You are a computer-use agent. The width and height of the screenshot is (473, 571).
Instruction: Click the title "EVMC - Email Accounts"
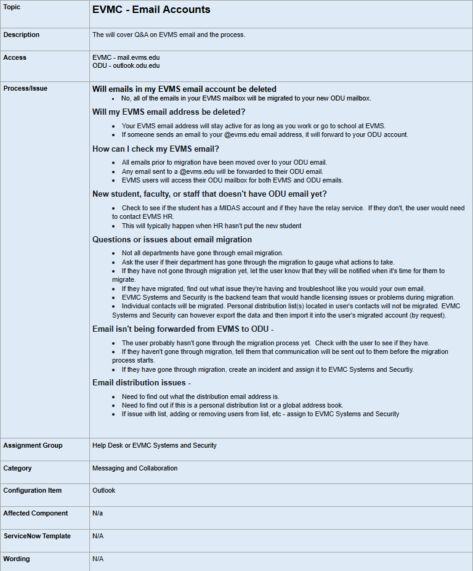coord(151,10)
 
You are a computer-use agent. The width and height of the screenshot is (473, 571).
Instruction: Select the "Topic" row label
coord(12,7)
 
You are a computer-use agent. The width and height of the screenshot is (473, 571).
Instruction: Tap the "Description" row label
coord(21,35)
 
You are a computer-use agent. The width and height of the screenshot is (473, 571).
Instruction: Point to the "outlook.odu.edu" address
coord(136,65)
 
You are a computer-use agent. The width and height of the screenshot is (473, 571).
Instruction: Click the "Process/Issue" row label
coord(25,88)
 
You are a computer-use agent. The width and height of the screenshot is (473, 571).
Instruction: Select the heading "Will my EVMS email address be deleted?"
coord(169,112)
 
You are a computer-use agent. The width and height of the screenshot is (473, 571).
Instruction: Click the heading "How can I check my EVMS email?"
coord(156,149)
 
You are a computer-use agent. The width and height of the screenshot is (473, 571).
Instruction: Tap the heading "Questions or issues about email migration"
coord(172,239)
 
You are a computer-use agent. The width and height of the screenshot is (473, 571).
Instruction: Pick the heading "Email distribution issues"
coord(139,383)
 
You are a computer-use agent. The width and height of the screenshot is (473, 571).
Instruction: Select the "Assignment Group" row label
coord(33,445)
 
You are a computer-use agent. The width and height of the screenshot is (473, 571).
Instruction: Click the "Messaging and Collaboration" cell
coord(135,468)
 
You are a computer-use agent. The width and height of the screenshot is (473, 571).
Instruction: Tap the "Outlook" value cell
coord(103,491)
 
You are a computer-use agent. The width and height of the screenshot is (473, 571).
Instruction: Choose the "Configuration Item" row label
coord(33,491)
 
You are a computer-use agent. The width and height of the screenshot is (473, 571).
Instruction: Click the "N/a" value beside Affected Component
coord(97,513)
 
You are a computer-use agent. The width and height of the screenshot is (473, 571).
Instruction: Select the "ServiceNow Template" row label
coord(37,536)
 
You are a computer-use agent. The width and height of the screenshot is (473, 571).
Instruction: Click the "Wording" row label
coord(17,559)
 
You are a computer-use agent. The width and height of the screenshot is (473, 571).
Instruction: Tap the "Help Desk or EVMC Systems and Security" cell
coord(155,445)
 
